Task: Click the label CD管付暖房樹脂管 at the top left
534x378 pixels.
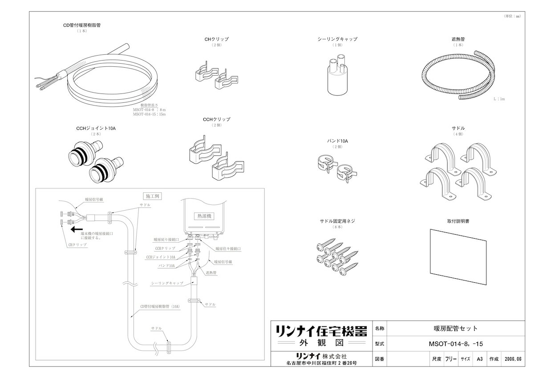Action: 82,25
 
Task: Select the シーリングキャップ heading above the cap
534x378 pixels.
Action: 337,39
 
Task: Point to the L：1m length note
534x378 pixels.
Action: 499,99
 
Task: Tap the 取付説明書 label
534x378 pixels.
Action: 458,221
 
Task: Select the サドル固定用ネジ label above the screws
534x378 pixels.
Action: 337,221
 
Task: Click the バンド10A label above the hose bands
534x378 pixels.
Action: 337,141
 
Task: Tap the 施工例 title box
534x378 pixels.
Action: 153,196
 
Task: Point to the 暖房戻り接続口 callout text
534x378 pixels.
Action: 166,240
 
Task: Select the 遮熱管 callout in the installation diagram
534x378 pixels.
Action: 211,272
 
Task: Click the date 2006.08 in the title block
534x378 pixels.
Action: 513,358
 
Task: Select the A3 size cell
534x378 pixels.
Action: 479,358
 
